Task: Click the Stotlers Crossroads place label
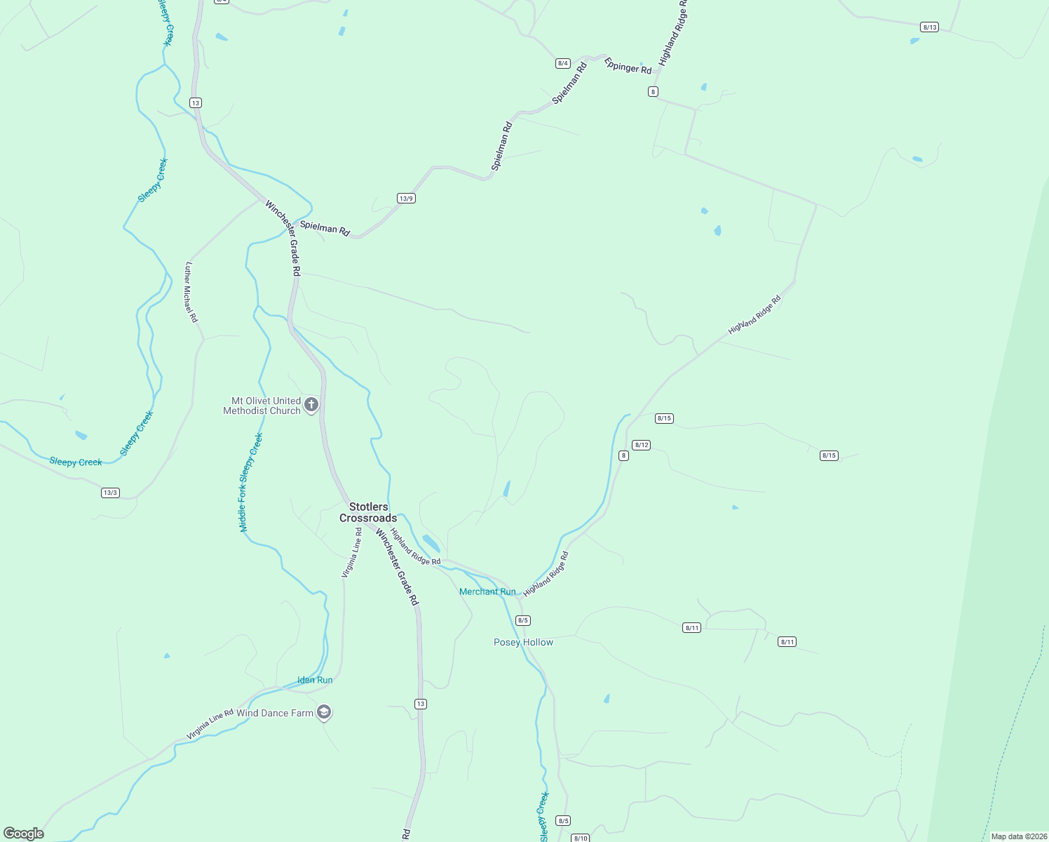[368, 512]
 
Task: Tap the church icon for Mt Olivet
[311, 404]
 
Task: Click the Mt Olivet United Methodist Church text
[262, 406]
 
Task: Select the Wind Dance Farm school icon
[323, 713]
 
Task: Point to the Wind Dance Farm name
[275, 713]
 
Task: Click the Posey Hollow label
[523, 642]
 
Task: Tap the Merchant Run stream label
[487, 592]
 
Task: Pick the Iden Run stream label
[315, 680]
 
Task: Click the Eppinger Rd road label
[628, 66]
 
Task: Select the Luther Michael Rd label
[191, 292]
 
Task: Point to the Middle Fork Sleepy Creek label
[250, 482]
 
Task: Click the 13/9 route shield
[406, 199]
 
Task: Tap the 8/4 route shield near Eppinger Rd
[562, 63]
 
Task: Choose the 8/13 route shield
[929, 27]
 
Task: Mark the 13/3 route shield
[110, 493]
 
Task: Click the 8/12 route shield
[641, 445]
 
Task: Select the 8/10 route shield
[580, 838]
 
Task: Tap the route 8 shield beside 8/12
[623, 455]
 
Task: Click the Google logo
[24, 834]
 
